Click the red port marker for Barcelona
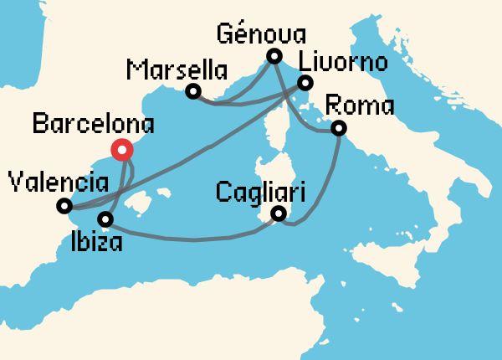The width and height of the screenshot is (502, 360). pos(122,151)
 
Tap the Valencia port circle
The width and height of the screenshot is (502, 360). pos(64,205)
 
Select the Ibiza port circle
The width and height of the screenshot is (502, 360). pos(105,219)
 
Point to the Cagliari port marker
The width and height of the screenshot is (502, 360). pos(279,215)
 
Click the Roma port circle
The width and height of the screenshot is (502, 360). pos(339,128)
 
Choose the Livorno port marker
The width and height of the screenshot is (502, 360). pos(305,83)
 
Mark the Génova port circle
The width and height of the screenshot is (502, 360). pos(274,57)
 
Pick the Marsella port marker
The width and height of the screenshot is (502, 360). pos(193,91)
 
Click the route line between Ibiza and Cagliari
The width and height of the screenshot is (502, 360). pos(192,239)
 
